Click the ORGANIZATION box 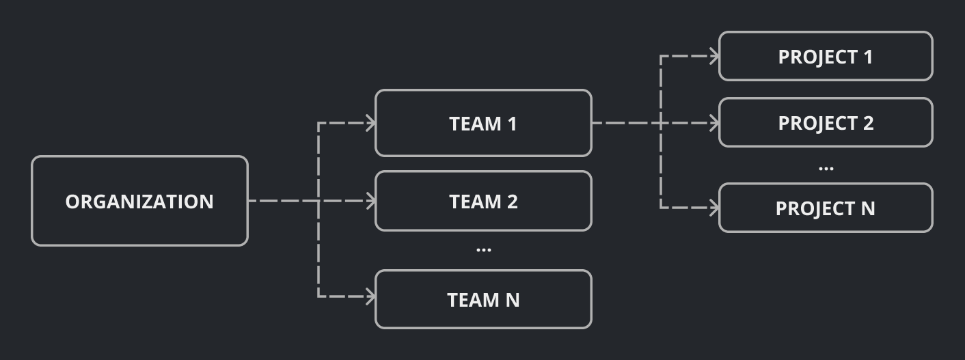pyautogui.click(x=139, y=201)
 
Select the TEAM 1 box pyautogui.click(x=483, y=123)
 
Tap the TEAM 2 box pyautogui.click(x=483, y=201)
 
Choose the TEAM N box pyautogui.click(x=483, y=299)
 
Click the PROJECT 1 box pyautogui.click(x=826, y=56)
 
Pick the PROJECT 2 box pyautogui.click(x=826, y=123)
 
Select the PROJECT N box pyautogui.click(x=826, y=208)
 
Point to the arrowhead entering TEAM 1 pyautogui.click(x=371, y=123)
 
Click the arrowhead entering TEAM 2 pyautogui.click(x=371, y=201)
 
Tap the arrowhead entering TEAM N pyautogui.click(x=371, y=296)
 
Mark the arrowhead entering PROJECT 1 pyautogui.click(x=714, y=56)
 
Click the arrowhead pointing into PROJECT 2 pyautogui.click(x=714, y=123)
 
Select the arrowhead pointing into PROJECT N pyautogui.click(x=714, y=208)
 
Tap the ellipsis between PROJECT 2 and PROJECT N pyautogui.click(x=826, y=168)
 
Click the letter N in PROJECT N pyautogui.click(x=867, y=208)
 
